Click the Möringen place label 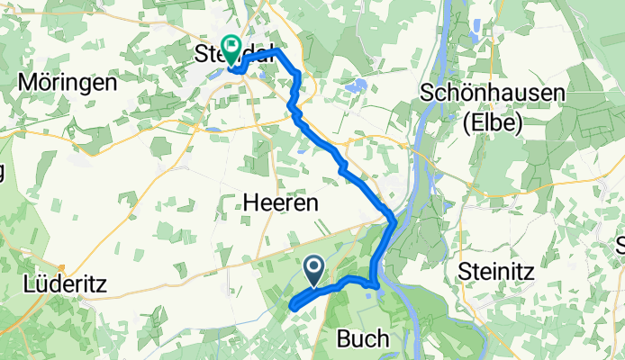click(68, 83)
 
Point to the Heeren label click(281, 204)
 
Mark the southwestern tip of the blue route click(294, 308)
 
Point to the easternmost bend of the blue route click(394, 222)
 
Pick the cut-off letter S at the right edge click(620, 244)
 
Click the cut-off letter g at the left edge click(3, 171)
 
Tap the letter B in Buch click(342, 338)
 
